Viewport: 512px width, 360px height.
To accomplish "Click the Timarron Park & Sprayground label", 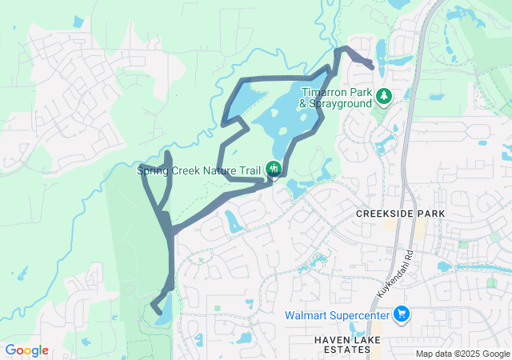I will (x=336, y=97).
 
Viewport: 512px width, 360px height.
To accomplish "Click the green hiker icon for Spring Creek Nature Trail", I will (x=274, y=168).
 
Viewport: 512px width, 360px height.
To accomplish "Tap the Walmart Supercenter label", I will (x=338, y=314).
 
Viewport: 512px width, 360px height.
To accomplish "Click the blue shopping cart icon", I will (x=402, y=314).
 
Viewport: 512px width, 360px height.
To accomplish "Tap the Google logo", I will (x=26, y=350).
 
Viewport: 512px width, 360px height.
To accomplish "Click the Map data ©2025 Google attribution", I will (x=462, y=354).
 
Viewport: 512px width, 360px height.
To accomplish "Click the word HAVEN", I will (x=329, y=341).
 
